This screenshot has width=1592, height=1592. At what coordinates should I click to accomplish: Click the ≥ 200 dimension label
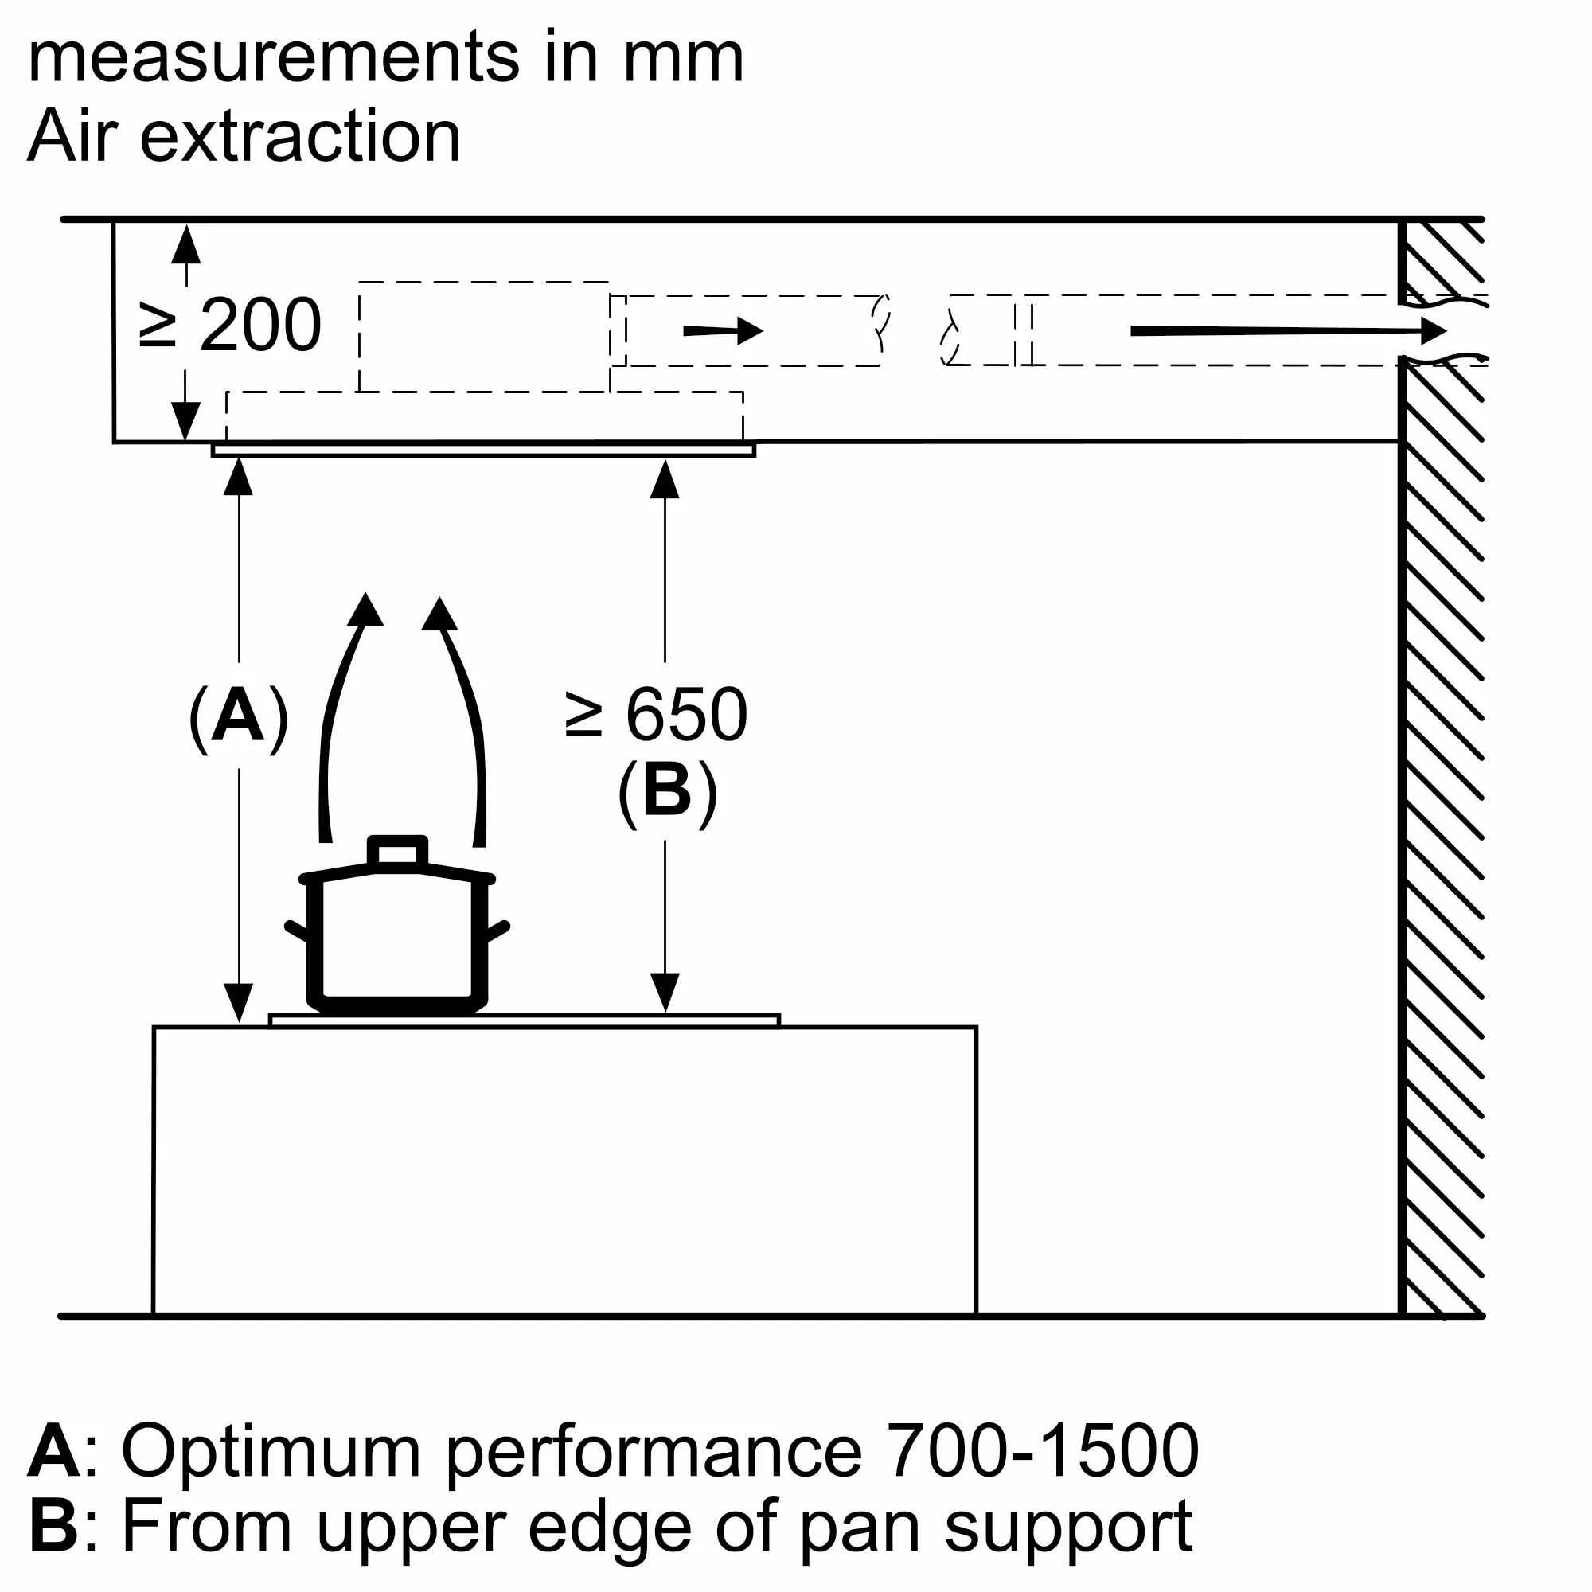coord(230,326)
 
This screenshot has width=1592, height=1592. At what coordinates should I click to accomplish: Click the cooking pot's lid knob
coord(398,851)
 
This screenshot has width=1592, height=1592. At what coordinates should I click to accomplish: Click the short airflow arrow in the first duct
coord(724,331)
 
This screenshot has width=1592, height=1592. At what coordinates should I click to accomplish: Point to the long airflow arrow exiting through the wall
coord(1289,331)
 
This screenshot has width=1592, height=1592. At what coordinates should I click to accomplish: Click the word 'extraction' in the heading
coord(301,136)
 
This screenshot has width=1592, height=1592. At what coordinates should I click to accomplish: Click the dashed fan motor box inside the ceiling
coord(485,337)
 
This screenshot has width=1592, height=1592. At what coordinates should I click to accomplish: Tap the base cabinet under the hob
coord(565,1171)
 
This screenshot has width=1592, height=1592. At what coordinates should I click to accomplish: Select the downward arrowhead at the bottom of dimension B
coord(665,993)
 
